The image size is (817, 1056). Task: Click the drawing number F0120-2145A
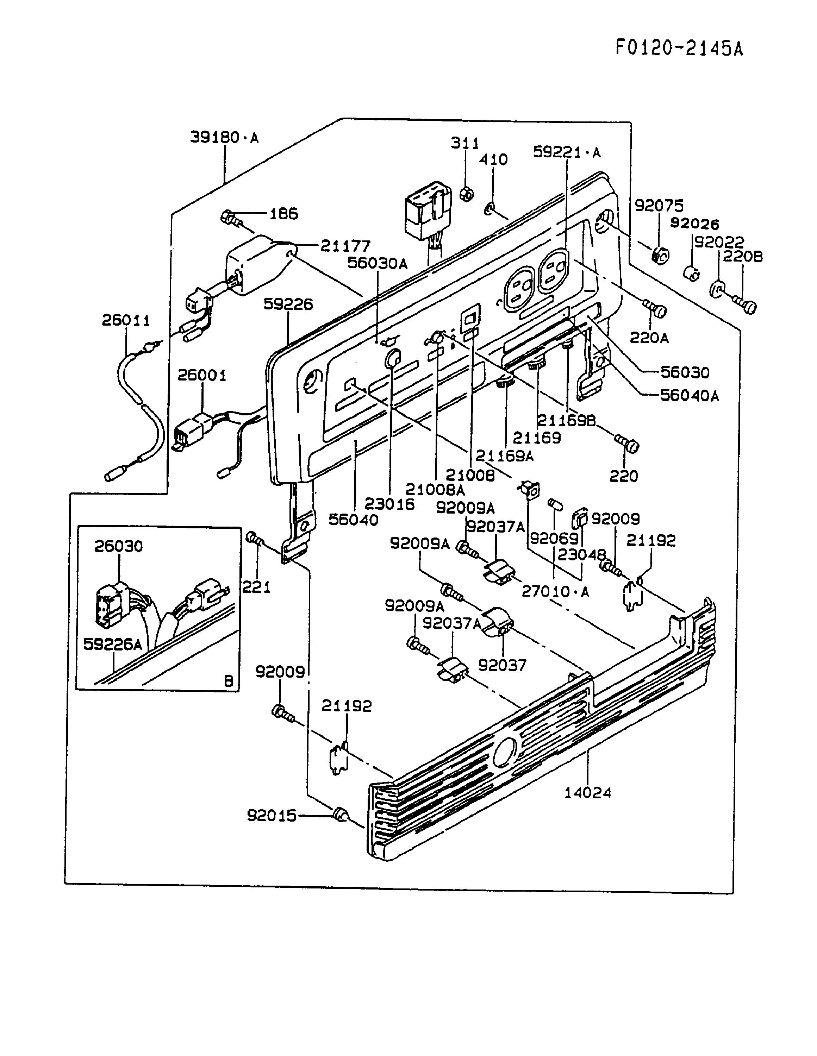[x=679, y=48]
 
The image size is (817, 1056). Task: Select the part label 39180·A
[x=224, y=138]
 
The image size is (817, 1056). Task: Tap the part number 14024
[x=588, y=793]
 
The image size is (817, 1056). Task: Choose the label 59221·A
[x=566, y=152]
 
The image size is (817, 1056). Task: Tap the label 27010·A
[x=555, y=591]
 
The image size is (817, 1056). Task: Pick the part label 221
[x=256, y=587]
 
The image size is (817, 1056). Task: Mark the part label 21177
[x=345, y=246]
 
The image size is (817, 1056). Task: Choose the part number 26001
[x=202, y=375]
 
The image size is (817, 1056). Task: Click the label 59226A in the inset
[x=113, y=644]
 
